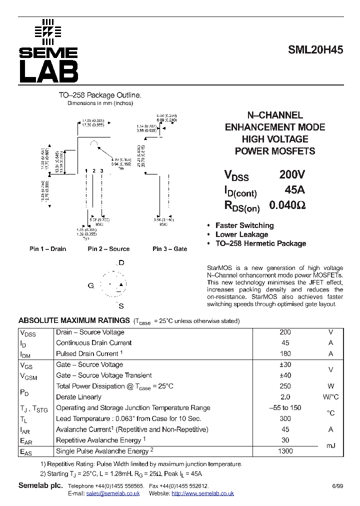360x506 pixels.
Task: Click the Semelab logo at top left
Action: (x=48, y=51)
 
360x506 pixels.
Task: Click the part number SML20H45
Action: (x=315, y=50)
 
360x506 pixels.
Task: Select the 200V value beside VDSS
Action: (x=292, y=174)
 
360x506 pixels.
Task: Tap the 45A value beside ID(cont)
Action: (x=294, y=190)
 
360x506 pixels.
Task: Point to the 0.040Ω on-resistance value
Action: (x=287, y=205)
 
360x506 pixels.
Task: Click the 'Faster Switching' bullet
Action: (x=244, y=225)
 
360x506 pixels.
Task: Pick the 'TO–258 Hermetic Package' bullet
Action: (x=260, y=243)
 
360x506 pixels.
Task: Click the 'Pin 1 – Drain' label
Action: (x=47, y=249)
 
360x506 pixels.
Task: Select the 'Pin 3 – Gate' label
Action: (x=169, y=249)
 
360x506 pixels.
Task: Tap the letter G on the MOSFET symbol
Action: (x=91, y=285)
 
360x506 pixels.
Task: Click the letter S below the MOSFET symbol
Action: (x=121, y=306)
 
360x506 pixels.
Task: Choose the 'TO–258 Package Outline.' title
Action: (x=100, y=95)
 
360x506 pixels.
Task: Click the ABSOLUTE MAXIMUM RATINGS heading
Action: (x=74, y=320)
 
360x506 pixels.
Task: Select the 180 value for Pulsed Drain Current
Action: (x=285, y=354)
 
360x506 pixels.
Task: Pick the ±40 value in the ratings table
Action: (x=285, y=375)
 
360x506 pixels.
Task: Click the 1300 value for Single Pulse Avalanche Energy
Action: (x=285, y=451)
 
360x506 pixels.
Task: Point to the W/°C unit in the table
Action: (x=330, y=397)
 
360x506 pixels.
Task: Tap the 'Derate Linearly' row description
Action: (x=78, y=397)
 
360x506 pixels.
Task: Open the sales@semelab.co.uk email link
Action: (x=112, y=493)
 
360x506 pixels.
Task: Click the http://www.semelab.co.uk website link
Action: (x=202, y=493)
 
